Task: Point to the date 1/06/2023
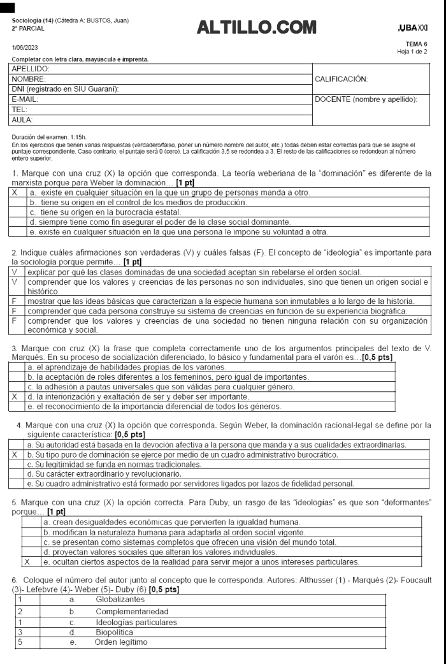click(25, 48)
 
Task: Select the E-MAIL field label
click(26, 100)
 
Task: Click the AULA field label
click(23, 119)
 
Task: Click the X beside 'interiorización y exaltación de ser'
click(15, 396)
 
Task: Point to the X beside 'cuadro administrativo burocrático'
click(15, 456)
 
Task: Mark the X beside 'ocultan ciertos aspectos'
click(27, 562)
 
